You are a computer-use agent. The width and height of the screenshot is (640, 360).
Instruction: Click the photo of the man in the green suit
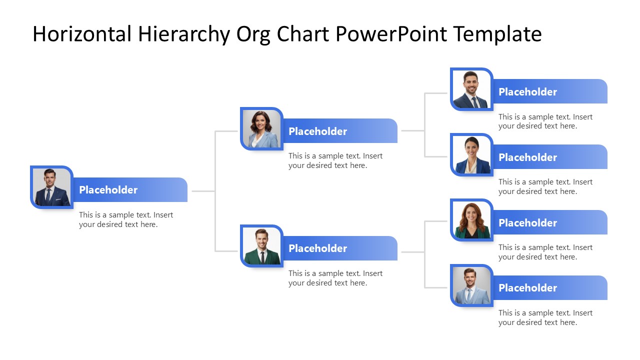click(261, 246)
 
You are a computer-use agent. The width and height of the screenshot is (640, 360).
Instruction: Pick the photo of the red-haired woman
click(471, 220)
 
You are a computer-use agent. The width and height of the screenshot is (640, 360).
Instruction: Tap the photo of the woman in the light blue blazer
click(261, 128)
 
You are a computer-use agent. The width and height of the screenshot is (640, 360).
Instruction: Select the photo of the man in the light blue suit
click(471, 285)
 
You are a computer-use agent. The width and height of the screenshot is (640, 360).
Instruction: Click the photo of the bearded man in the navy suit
click(471, 89)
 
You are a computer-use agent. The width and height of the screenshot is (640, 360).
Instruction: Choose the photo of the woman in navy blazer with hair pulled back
click(471, 154)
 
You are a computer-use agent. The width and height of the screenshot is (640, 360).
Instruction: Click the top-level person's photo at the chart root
click(51, 187)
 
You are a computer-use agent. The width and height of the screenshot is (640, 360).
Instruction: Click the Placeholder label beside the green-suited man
click(317, 248)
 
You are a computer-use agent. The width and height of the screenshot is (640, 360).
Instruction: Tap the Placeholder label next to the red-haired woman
click(527, 223)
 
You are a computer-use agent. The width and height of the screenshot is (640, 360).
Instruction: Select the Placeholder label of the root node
click(108, 190)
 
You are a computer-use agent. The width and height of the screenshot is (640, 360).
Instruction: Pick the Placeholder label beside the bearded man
click(527, 92)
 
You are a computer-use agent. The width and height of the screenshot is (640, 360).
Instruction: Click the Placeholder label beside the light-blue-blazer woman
click(317, 131)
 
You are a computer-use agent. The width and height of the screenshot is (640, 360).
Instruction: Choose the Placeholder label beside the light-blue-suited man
click(527, 288)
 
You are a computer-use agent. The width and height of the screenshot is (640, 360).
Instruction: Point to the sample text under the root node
click(125, 220)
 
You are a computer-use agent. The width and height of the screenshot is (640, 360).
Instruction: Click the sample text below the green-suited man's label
click(335, 278)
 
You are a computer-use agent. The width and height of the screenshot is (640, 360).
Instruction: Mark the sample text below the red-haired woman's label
click(545, 252)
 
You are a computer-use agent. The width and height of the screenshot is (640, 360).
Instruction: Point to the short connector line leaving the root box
click(203, 191)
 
